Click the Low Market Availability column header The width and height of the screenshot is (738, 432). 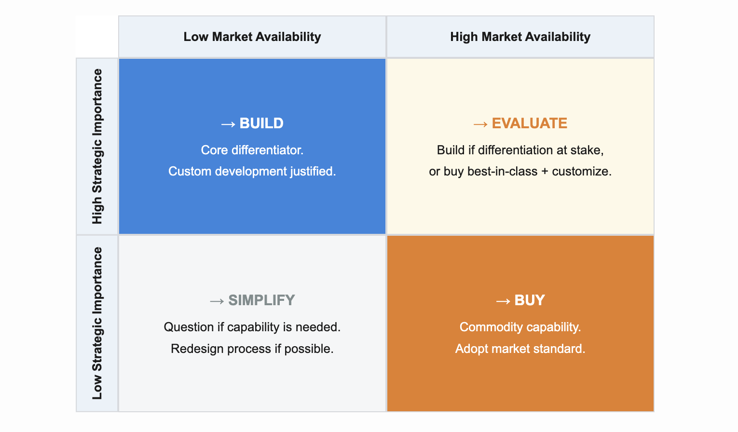[252, 37]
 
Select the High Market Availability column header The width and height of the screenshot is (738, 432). [520, 37]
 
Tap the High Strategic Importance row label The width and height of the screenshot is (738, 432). [97, 146]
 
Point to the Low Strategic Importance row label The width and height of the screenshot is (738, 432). [97, 323]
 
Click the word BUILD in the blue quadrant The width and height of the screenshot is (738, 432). [261, 123]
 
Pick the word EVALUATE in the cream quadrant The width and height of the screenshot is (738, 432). [529, 123]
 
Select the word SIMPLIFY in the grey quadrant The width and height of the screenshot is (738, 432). [261, 300]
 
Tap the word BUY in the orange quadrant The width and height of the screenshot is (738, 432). [530, 300]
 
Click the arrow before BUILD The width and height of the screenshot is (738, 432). [228, 124]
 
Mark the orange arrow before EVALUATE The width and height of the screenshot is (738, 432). [480, 124]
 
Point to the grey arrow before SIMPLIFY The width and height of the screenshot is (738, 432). [217, 301]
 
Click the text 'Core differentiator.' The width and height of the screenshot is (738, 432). [252, 150]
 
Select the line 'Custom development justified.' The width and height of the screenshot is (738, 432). [252, 171]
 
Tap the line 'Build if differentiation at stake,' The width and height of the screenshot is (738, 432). [520, 150]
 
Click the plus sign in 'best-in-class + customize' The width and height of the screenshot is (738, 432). [545, 172]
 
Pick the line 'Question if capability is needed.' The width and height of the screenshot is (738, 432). [252, 327]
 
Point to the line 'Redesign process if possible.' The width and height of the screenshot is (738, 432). [252, 349]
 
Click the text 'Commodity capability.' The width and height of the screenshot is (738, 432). [520, 327]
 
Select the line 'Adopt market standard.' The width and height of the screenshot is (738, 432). [520, 349]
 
